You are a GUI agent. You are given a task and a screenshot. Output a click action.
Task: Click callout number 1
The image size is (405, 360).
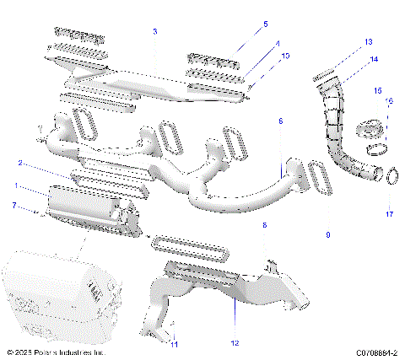[14, 185]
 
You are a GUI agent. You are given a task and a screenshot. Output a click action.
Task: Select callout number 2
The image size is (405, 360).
[20, 163]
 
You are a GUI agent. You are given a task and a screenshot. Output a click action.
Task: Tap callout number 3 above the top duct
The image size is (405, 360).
[154, 31]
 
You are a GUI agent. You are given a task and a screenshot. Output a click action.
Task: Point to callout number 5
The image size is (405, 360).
[241, 24]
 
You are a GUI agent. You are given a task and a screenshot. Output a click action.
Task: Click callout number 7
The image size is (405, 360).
[14, 205]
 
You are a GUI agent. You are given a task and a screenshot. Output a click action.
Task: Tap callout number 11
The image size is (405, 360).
[175, 344]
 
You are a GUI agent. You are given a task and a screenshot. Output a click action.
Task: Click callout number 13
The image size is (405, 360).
[368, 41]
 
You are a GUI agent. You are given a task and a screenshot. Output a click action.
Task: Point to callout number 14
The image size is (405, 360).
[374, 59]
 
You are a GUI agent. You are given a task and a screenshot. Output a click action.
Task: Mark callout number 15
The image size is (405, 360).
[378, 89]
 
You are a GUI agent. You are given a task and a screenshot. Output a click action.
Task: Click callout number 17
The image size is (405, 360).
[389, 214]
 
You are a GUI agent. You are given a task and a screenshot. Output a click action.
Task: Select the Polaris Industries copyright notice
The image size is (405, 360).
[56, 352]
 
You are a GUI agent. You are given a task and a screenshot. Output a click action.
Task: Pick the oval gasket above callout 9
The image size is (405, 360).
[320, 178]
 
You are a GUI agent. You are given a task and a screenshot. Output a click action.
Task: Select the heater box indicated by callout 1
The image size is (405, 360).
[89, 210]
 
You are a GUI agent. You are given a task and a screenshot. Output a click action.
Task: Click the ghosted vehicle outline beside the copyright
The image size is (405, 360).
[51, 291]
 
